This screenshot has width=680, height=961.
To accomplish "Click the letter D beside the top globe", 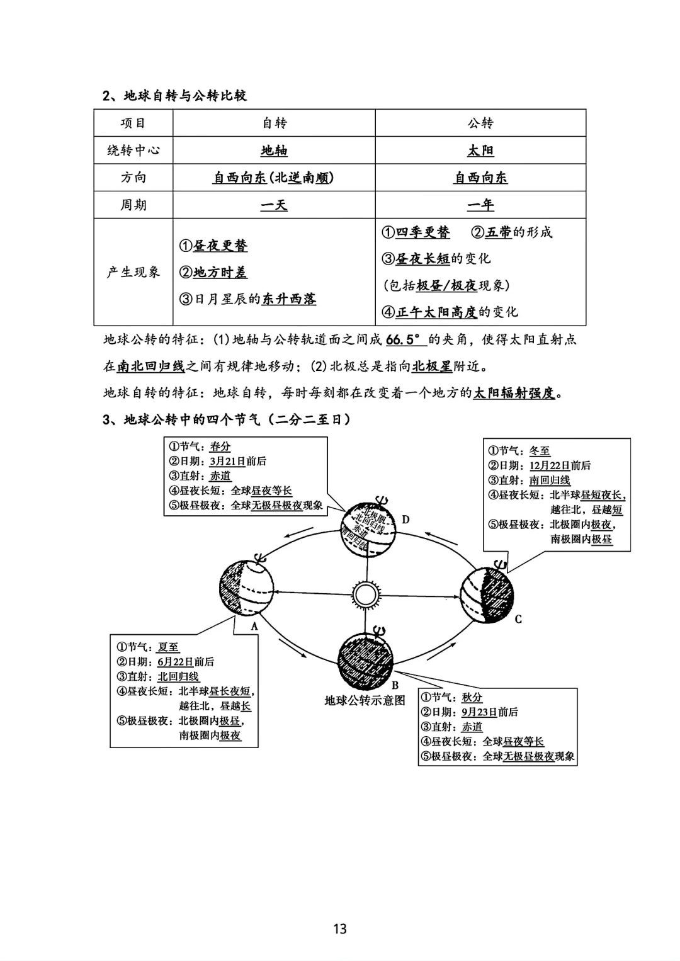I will click(405, 520).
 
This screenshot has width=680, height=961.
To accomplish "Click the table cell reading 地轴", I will click(274, 151).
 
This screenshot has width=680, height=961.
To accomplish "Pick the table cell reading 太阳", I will click(480, 151).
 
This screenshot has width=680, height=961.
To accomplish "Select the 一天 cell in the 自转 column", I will click(274, 205).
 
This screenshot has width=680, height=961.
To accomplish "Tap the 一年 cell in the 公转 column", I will click(480, 205).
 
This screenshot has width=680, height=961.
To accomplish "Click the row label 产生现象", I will click(133, 272).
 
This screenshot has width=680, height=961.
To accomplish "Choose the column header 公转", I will click(480, 123).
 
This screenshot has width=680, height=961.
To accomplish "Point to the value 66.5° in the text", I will click(403, 340).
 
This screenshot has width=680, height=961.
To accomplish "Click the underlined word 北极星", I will click(432, 367).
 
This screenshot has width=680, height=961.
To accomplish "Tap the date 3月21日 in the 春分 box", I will click(227, 462).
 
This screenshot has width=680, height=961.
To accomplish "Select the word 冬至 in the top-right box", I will click(540, 451).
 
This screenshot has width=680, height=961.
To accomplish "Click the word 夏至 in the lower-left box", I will click(168, 647).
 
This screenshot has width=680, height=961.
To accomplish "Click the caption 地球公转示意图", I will click(365, 700).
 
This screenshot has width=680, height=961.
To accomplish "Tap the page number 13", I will click(340, 929).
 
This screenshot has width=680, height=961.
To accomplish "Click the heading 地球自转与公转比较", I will click(185, 96).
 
